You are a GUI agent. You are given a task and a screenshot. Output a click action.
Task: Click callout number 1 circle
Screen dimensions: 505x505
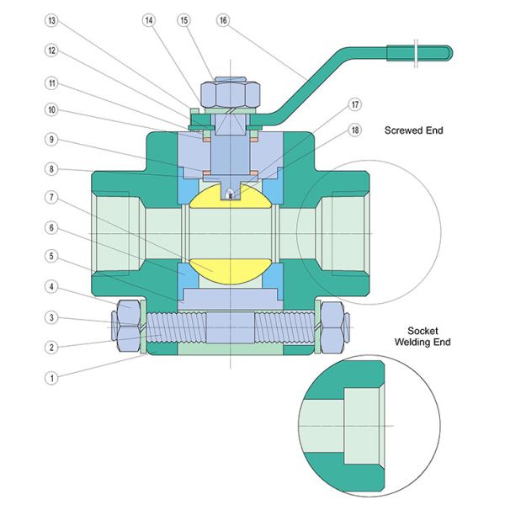[51, 378]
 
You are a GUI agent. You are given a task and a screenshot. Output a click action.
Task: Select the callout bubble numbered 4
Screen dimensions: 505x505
[51, 287]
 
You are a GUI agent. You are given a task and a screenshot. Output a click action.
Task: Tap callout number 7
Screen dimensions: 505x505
[51, 197]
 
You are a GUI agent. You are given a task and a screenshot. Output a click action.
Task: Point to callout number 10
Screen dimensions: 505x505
[51, 109]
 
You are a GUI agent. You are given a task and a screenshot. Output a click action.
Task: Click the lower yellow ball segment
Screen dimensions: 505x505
[230, 271]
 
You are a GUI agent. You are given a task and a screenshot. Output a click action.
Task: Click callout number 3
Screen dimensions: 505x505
[51, 317]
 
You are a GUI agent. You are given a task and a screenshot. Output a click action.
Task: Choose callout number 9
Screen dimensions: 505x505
[51, 139]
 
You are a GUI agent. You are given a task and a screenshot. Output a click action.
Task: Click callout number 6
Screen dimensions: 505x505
[51, 227]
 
